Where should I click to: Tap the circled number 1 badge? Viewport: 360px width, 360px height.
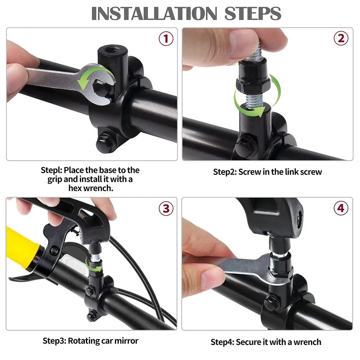[166, 39]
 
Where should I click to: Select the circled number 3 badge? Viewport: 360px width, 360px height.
[166, 208]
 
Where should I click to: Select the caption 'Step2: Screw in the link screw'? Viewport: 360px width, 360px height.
[267, 172]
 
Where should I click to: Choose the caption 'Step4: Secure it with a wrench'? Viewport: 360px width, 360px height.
[266, 342]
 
